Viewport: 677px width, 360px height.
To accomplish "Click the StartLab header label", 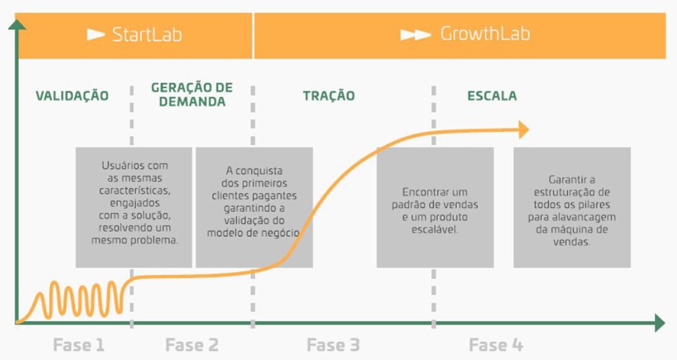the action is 147,34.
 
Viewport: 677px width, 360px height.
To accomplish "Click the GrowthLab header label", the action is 485,34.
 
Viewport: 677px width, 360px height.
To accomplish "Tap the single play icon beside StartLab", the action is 96,34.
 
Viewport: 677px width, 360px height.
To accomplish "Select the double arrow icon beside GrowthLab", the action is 416,34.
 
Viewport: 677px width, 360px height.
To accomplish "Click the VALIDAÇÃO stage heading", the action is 72,96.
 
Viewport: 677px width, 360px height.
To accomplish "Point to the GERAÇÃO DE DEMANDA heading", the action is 192,95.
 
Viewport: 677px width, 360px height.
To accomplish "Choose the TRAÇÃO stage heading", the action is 329,96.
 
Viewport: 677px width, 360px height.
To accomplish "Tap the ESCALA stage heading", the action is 492,96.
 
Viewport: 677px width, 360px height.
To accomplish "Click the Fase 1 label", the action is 79,345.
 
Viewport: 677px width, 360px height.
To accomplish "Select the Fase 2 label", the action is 192,345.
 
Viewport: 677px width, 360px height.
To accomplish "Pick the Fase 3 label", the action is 333,345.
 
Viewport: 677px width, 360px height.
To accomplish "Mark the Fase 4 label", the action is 496,345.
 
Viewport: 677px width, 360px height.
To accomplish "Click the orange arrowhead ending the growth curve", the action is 523,130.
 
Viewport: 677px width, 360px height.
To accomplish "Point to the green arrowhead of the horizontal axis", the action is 660,323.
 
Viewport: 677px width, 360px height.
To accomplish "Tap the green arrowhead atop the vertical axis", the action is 17,25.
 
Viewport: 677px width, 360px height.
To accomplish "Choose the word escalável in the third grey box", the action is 435,229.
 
